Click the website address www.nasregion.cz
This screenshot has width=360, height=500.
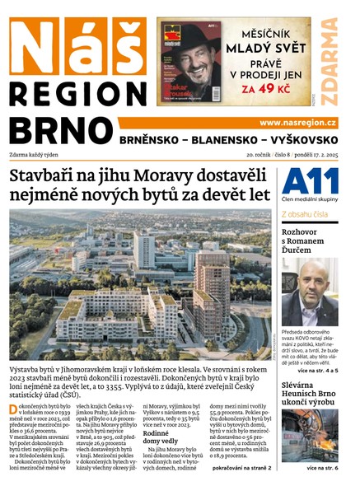tap(297, 122)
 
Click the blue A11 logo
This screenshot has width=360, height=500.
tap(309, 181)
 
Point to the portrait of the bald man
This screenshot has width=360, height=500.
tap(309, 292)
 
